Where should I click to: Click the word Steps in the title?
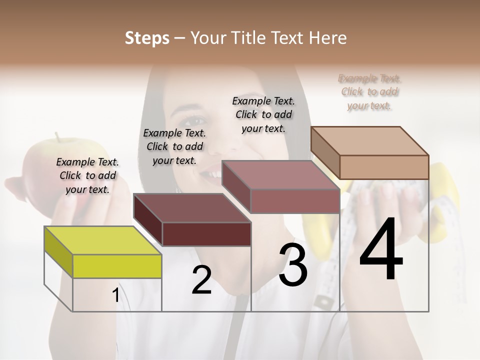point(147,38)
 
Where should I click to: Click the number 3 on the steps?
point(293,265)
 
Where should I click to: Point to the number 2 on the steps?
point(201,280)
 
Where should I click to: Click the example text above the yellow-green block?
point(87,175)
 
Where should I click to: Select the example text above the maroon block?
point(174,146)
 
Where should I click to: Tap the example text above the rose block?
point(263,114)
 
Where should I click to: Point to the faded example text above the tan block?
point(369,92)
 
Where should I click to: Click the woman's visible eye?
point(196,121)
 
